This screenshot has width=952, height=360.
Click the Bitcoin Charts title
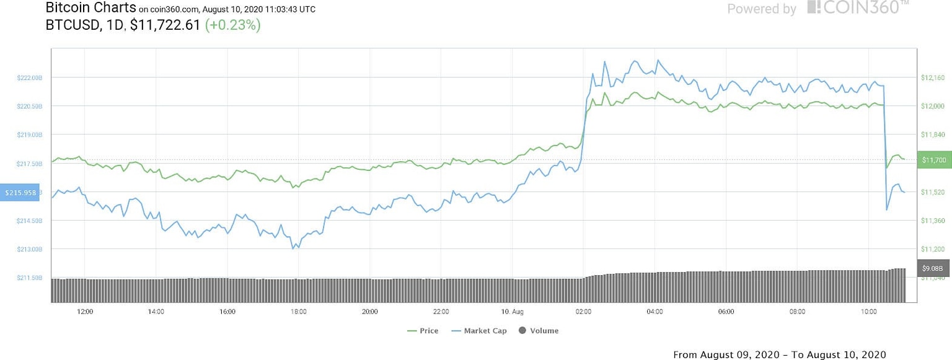[x=90, y=8]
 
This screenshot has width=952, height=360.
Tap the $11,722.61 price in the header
[x=165, y=25]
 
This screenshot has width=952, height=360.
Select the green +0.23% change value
[x=232, y=25]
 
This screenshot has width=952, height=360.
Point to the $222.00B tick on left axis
[x=30, y=77]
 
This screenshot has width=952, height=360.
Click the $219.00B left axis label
[x=30, y=134]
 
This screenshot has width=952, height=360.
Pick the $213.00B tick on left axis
[x=30, y=249]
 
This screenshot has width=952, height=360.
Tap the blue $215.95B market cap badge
[x=21, y=193]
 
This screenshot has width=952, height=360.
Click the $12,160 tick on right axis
[x=933, y=77]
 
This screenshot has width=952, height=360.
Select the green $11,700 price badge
[x=933, y=160]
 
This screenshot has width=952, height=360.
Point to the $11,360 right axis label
[x=933, y=221]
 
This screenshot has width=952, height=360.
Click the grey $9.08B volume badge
[x=932, y=268]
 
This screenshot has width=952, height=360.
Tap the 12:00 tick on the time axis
[x=85, y=312]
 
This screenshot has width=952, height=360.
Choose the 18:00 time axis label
[x=299, y=312]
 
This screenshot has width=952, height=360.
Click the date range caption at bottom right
[x=779, y=354]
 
